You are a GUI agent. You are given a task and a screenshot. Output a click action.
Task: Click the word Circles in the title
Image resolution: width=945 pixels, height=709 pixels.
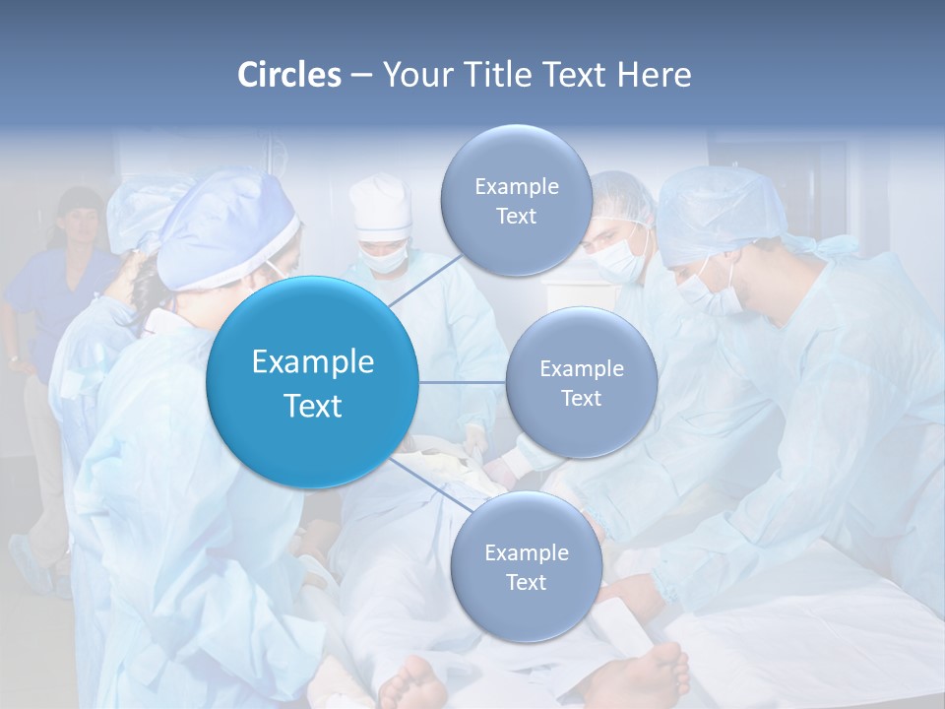288,75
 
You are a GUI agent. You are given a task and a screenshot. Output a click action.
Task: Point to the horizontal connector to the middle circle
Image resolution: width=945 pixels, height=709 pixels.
462,382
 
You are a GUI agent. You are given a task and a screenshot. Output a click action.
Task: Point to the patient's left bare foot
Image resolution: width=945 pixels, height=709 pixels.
413,683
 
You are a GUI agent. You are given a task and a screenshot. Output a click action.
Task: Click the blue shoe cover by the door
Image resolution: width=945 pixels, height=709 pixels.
30,561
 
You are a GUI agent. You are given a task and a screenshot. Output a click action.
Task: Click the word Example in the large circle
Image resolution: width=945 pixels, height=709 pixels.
312,362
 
